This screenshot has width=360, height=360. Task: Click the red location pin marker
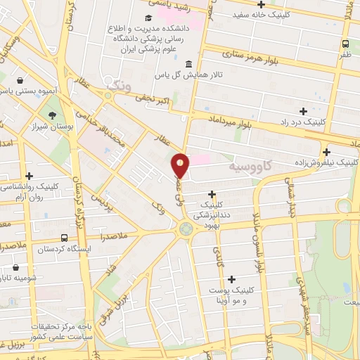pyautogui.click(x=181, y=166)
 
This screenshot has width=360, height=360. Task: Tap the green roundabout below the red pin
pyautogui.click(x=186, y=228)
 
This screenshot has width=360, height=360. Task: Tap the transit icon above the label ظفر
pyautogui.click(x=345, y=41)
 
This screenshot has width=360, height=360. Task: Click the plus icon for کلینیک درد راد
pyautogui.click(x=303, y=110)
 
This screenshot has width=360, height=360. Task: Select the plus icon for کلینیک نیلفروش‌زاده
pyautogui.click(x=326, y=151)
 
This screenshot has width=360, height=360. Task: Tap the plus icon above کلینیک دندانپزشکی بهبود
pyautogui.click(x=212, y=193)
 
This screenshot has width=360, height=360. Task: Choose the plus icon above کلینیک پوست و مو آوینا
pyautogui.click(x=231, y=279)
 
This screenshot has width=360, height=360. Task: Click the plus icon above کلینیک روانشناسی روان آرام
pyautogui.click(x=29, y=176)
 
